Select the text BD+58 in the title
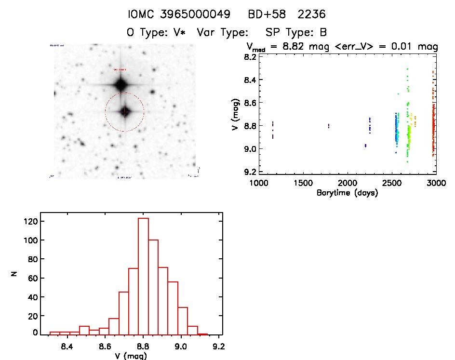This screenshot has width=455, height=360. (265, 14)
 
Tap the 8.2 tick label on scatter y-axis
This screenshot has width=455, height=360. (250, 57)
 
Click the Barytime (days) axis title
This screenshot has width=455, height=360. (347, 193)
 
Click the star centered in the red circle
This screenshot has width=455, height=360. (125, 112)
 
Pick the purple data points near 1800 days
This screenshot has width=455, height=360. (329, 126)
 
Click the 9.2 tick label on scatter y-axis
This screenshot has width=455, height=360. (250, 172)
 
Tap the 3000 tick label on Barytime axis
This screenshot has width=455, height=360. (436, 184)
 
